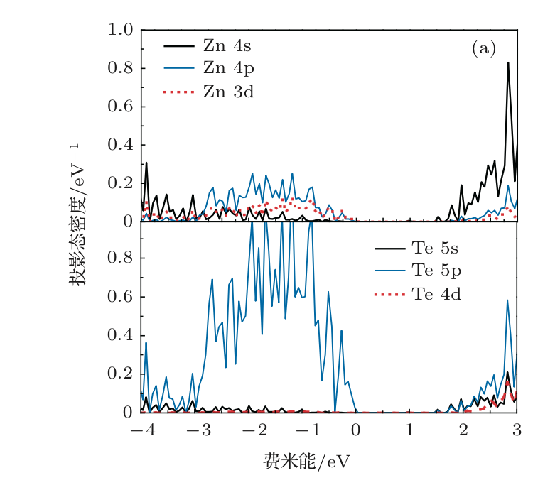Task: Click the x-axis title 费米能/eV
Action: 306,463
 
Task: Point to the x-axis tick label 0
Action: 356,430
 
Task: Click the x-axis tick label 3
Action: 517,430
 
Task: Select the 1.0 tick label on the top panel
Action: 120,31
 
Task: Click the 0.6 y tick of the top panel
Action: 120,107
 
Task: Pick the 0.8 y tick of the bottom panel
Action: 120,259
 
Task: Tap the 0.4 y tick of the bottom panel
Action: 120,336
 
